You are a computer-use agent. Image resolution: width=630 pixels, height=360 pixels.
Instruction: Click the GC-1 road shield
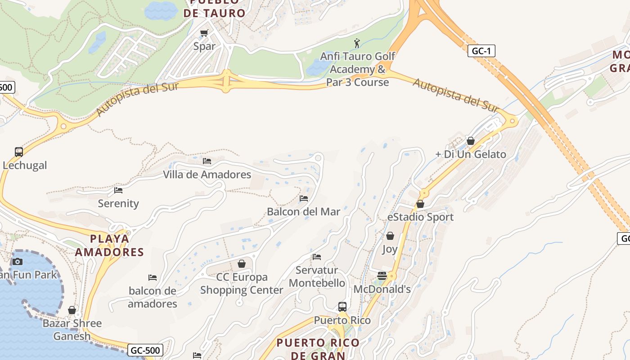tap(481, 51)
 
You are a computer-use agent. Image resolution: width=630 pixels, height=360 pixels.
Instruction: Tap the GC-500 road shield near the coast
tap(145, 350)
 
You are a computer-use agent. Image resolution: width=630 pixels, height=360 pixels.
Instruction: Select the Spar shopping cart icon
tap(204, 33)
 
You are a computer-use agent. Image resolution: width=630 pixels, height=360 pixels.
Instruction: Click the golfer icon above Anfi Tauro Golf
tap(357, 43)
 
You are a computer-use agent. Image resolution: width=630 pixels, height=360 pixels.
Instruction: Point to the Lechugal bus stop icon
tap(18, 152)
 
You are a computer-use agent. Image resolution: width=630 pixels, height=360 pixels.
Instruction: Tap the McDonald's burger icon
tap(382, 276)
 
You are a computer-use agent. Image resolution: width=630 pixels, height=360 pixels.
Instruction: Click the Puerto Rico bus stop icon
tap(342, 307)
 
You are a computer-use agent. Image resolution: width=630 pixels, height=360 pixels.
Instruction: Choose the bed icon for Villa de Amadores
tap(207, 161)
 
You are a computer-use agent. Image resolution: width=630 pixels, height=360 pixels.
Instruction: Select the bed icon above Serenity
tap(118, 190)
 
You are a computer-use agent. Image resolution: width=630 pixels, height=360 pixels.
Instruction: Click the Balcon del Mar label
tap(303, 211)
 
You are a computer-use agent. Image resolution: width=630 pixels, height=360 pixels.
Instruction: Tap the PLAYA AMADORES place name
tap(109, 245)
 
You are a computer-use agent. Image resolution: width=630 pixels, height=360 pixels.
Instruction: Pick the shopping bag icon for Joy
tap(390, 236)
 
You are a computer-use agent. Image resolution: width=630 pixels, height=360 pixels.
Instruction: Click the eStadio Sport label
tap(420, 217)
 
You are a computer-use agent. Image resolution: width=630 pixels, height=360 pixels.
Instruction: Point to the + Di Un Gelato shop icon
tap(471, 141)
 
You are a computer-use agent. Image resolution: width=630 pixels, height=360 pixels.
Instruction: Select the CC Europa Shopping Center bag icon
tap(242, 264)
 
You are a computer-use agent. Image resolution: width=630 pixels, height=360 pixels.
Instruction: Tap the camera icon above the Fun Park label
tap(18, 261)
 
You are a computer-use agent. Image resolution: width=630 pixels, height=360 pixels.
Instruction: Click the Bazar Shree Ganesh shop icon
tap(72, 310)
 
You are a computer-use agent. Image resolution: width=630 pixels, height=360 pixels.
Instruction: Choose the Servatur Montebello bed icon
tap(317, 257)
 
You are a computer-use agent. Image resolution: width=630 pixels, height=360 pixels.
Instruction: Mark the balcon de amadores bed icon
tap(153, 278)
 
